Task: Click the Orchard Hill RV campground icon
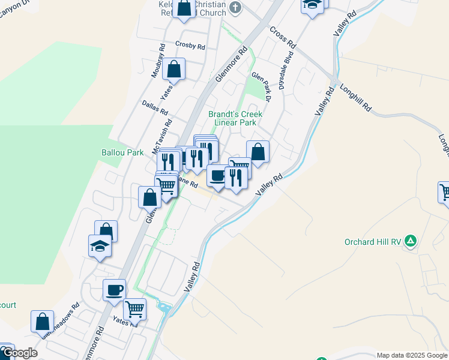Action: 411,241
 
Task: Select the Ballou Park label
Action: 122,152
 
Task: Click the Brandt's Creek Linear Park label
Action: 232,118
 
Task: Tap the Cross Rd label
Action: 283,37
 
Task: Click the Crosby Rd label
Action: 190,45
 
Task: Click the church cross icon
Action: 235,8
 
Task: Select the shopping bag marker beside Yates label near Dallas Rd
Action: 173,70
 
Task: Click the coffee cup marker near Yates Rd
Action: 114,290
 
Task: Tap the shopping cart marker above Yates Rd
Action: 135,310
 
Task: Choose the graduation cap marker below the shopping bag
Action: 100,246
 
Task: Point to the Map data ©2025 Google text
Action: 411,355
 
